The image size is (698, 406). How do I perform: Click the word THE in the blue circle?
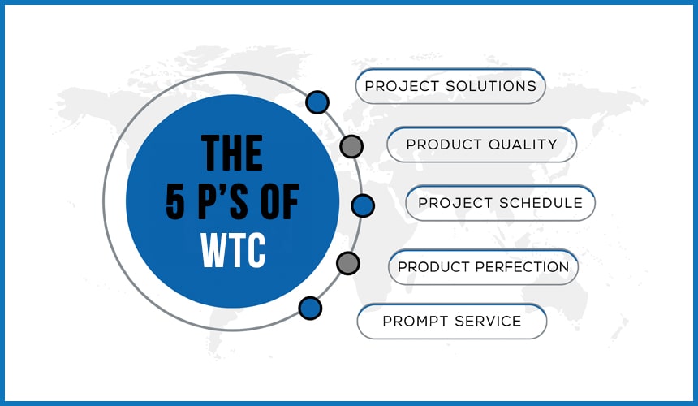(232, 153)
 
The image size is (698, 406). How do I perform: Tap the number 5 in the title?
(175, 202)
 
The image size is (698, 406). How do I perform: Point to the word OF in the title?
(279, 202)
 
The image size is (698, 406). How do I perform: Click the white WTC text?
(233, 250)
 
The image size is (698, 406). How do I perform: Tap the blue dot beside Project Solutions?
(317, 102)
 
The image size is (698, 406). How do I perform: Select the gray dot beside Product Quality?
(351, 146)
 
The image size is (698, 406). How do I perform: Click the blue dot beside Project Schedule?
(363, 205)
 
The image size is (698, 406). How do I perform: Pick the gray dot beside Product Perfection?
(348, 263)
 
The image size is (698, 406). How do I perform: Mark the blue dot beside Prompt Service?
(310, 308)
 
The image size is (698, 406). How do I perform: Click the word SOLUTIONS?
(491, 86)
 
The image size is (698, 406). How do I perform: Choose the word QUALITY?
(523, 145)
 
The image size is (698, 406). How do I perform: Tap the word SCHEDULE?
(541, 203)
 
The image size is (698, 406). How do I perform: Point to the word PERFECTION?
(522, 266)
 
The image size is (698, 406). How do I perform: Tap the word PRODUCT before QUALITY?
(444, 145)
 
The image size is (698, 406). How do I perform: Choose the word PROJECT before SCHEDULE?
(455, 203)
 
